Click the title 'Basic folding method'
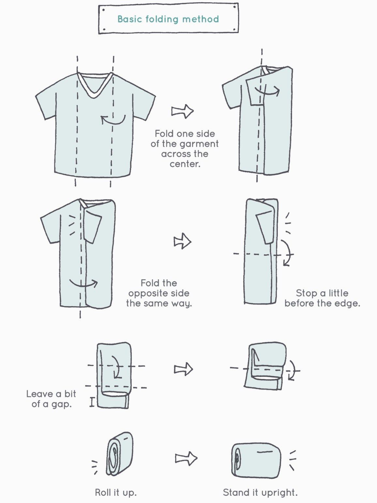point(168,19)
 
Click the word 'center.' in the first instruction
point(185,164)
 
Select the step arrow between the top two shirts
point(183,111)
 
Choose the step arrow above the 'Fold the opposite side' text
point(183,242)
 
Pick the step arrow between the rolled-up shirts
point(186,458)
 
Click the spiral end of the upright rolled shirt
point(237,459)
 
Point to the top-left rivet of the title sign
point(103,10)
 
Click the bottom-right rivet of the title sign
point(234,29)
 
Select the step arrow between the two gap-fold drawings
point(184,369)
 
